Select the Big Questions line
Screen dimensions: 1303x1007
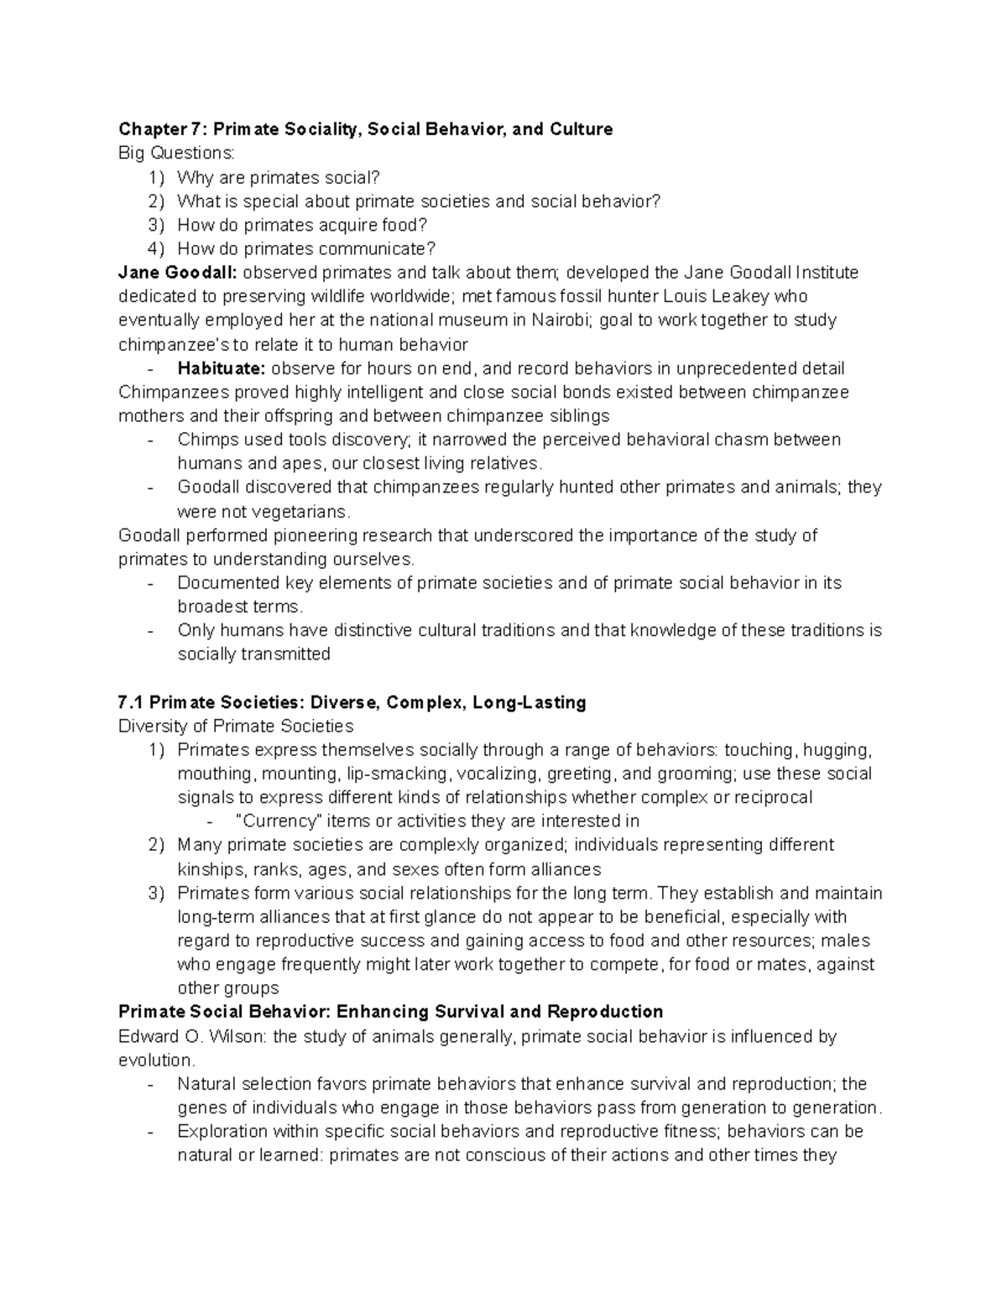coord(177,153)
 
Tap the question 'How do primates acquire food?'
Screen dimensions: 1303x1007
coord(302,225)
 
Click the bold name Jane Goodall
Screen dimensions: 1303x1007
coord(178,273)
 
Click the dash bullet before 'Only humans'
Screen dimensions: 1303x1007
coord(149,630)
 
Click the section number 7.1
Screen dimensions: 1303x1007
coord(131,702)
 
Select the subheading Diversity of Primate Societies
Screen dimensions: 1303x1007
coord(236,726)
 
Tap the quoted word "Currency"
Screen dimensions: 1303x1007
coord(280,821)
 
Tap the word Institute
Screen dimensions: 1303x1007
coord(827,273)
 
